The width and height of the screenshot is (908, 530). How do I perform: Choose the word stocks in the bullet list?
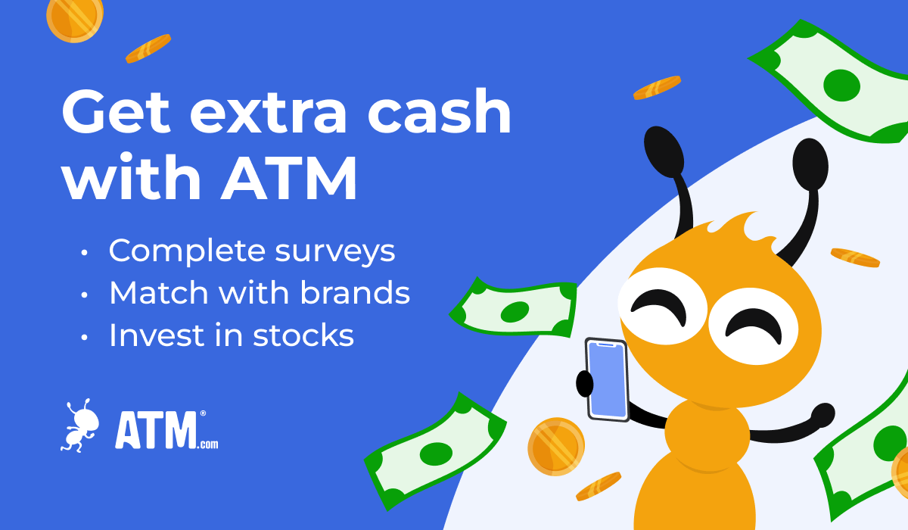303,335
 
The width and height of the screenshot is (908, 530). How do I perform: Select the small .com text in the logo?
209,444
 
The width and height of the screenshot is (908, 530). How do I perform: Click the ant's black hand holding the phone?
584,383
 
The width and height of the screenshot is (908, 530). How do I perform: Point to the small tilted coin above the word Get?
148,48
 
